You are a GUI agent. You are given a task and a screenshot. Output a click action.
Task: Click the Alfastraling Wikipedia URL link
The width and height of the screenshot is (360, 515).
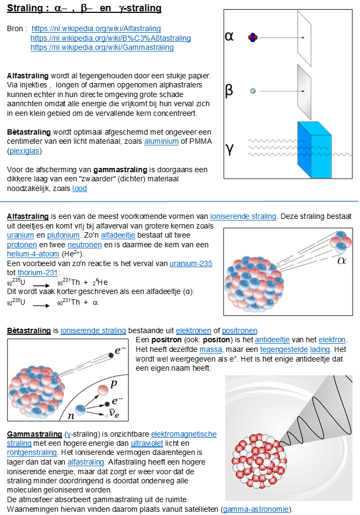(96, 28)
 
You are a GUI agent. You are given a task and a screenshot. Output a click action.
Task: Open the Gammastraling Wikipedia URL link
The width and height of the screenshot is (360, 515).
(102, 47)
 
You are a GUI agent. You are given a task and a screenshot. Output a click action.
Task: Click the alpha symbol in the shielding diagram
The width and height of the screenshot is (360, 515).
(229, 36)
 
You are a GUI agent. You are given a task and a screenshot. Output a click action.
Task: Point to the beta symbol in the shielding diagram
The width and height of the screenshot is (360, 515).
(229, 90)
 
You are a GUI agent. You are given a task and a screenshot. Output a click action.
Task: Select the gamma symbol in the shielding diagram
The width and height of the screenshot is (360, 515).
(229, 149)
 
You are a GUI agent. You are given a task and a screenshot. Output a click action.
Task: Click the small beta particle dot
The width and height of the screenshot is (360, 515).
(253, 91)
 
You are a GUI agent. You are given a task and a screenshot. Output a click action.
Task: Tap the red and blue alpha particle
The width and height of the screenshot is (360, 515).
(253, 37)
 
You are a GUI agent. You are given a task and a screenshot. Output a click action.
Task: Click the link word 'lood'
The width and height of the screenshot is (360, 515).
(79, 188)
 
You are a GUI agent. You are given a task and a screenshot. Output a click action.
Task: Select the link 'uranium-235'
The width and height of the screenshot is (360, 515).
(191, 263)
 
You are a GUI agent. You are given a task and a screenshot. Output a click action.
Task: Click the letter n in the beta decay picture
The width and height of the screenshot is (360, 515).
(69, 416)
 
